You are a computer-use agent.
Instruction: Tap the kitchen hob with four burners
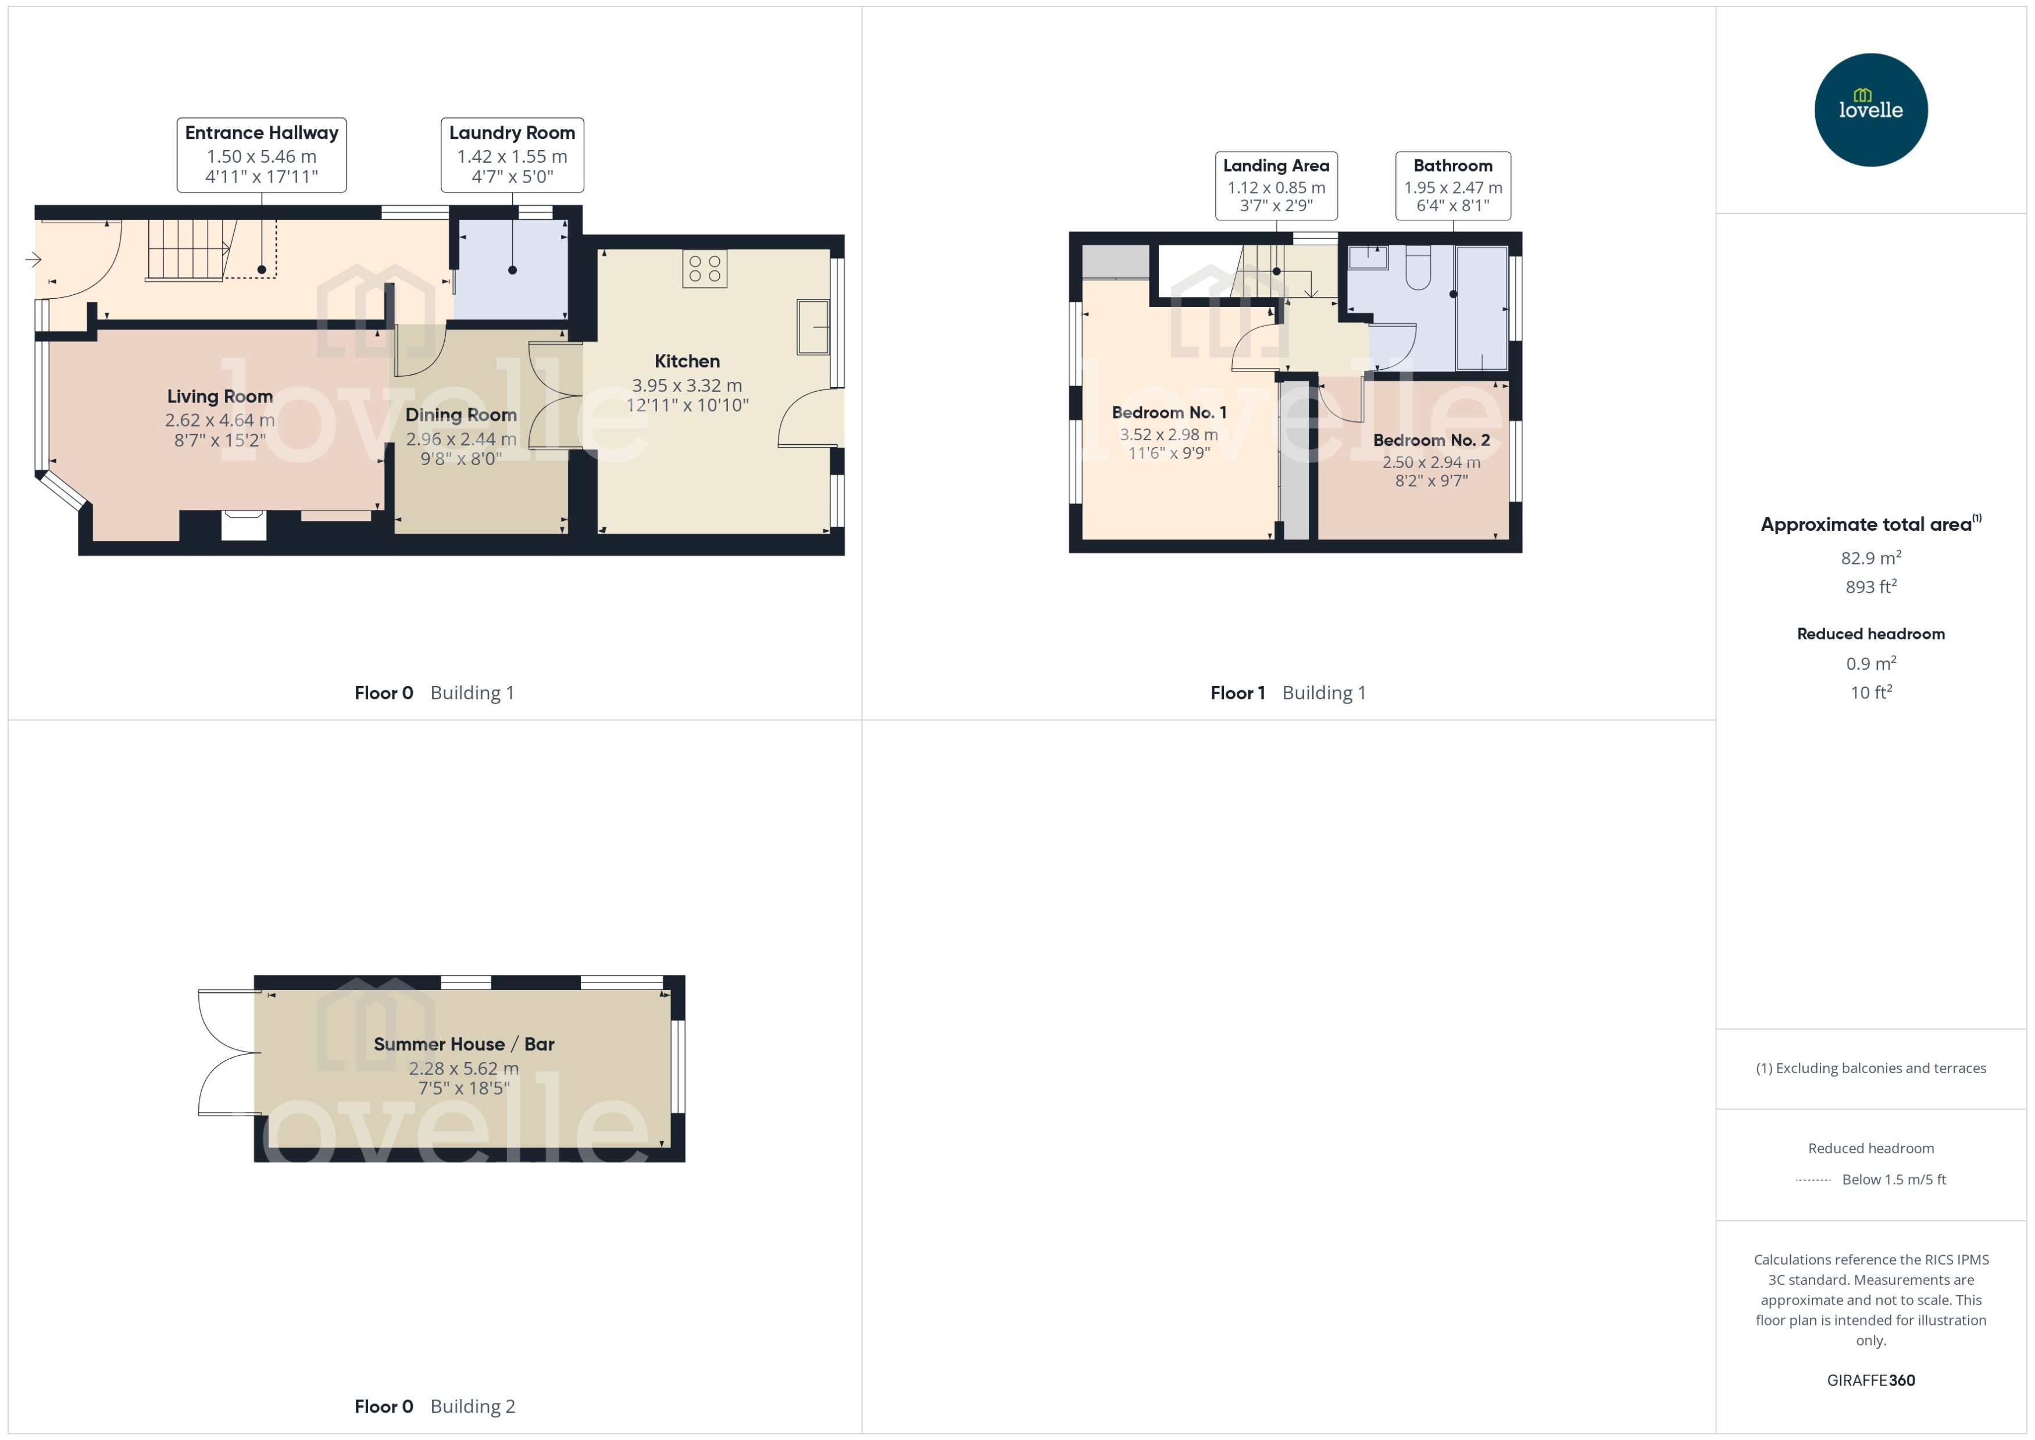704,269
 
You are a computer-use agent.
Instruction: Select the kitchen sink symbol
812,327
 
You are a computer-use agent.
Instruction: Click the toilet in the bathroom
1418,269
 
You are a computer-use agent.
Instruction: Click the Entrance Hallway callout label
262,154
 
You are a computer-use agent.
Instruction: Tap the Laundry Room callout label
512,154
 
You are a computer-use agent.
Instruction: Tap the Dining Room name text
460,415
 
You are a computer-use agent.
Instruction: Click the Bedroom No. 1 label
1169,412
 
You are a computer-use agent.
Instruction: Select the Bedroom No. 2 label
1431,441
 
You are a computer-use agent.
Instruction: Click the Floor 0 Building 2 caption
434,1406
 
